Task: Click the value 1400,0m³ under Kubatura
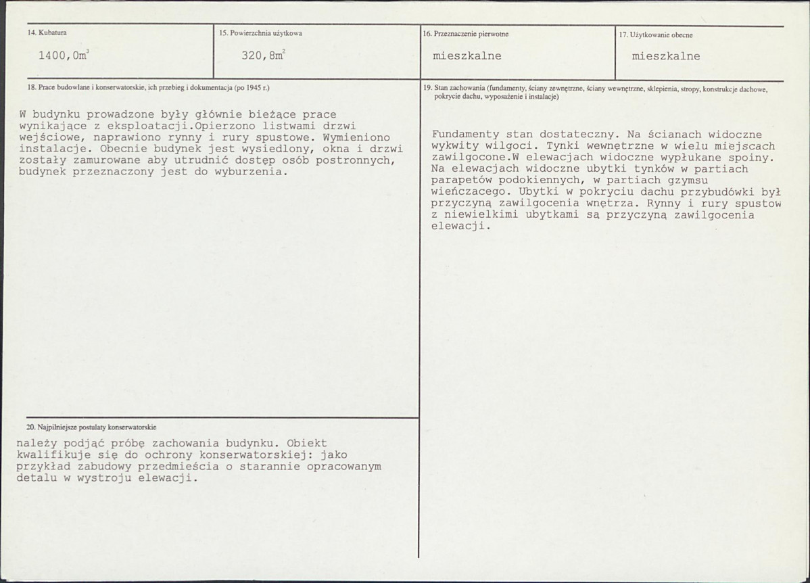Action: coord(64,56)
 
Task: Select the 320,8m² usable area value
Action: coord(263,56)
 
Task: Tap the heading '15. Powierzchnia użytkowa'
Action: coord(260,33)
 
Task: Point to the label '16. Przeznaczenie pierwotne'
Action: coord(465,34)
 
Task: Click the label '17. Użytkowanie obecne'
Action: coord(656,34)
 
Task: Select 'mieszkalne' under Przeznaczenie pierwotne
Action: coord(467,56)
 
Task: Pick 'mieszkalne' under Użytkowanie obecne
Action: coord(665,56)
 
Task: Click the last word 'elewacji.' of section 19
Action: coord(460,227)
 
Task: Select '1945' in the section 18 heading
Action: coord(254,87)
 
